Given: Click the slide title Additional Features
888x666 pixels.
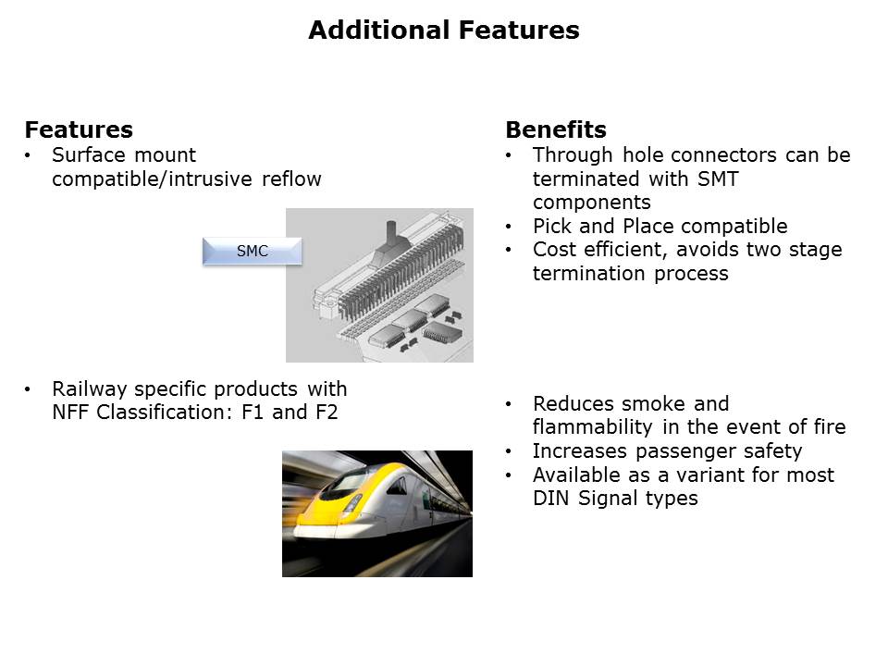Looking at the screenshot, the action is [444, 30].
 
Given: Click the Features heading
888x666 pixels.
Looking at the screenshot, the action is [79, 129].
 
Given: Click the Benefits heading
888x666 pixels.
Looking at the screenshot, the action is [556, 129].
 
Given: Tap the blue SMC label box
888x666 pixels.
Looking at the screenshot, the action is [252, 251].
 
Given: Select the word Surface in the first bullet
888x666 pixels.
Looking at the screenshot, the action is [89, 154].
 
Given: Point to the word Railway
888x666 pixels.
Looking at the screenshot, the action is [90, 390].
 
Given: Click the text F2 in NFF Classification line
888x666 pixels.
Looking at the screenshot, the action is [327, 413].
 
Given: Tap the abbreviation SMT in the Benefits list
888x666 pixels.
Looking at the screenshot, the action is [718, 179].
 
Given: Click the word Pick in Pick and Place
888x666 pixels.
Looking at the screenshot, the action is [551, 226].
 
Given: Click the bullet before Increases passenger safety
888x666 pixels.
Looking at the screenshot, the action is [509, 452].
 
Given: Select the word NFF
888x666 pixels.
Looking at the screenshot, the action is [71, 413].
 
